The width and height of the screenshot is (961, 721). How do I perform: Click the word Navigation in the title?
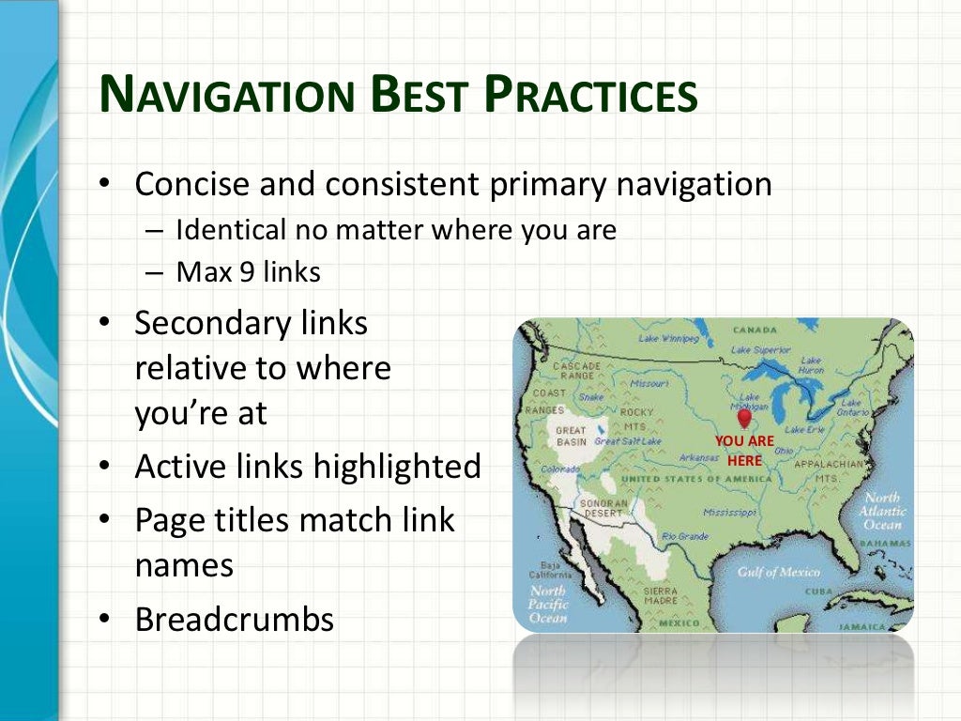(x=225, y=96)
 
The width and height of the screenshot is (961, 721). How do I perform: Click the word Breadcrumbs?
(x=235, y=620)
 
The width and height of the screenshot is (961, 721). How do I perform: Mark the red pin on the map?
(x=744, y=418)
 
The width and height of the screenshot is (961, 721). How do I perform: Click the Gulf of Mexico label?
(x=778, y=572)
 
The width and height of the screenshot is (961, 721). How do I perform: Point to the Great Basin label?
(x=572, y=436)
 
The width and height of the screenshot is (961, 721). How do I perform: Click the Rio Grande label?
(x=685, y=536)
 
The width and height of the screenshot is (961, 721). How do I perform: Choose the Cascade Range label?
(x=576, y=371)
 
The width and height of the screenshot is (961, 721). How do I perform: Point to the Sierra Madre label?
(x=661, y=595)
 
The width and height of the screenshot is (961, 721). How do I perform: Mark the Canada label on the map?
(x=755, y=330)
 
